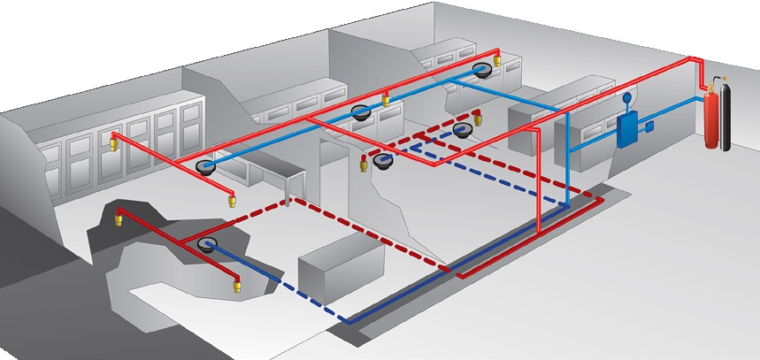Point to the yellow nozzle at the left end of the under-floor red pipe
pyautogui.click(x=119, y=218)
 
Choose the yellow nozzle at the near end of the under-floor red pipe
pyautogui.click(x=235, y=286)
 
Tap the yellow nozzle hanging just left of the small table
pyautogui.click(x=233, y=199)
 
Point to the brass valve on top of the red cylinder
pyautogui.click(x=708, y=85)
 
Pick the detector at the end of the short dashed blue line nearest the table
pyautogui.click(x=383, y=160)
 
